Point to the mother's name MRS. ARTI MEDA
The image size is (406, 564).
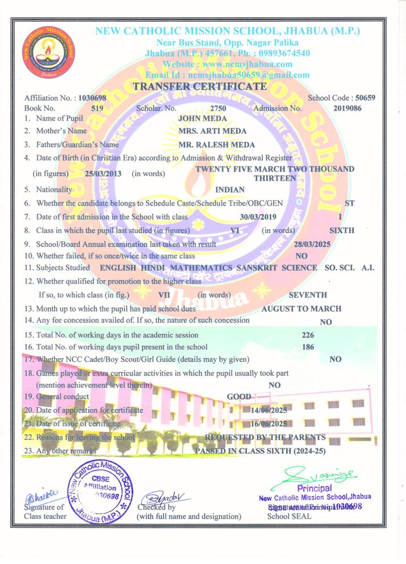[212, 131]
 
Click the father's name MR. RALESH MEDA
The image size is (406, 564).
[217, 145]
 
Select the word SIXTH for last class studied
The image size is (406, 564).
[341, 230]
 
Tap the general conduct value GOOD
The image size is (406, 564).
[239, 397]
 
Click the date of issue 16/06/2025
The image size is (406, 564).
[268, 424]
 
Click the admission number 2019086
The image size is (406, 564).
[347, 109]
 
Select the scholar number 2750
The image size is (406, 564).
[218, 109]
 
